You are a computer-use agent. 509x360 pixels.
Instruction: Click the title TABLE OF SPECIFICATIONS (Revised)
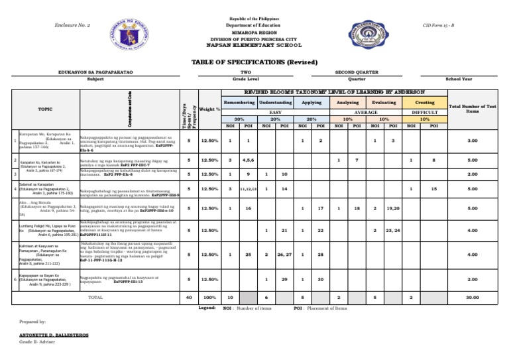(x=254, y=62)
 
